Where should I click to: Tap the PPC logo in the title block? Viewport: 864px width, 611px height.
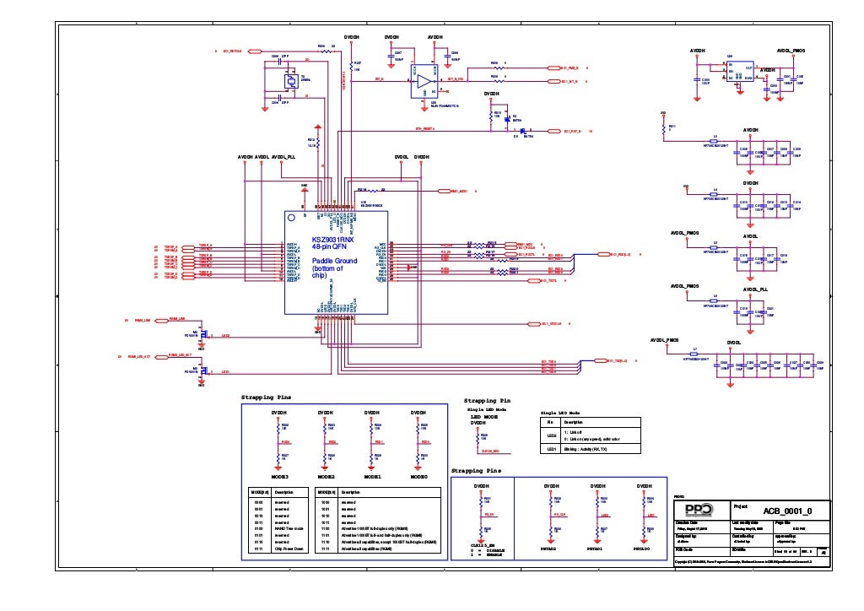(x=698, y=511)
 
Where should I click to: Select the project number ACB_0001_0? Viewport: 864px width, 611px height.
(x=787, y=511)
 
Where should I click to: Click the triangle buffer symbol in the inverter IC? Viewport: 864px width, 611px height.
(x=421, y=82)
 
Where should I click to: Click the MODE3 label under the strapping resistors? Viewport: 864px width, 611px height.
(x=279, y=477)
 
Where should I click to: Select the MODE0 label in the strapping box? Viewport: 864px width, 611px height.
(x=418, y=477)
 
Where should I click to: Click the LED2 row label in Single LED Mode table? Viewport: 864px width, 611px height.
(x=551, y=435)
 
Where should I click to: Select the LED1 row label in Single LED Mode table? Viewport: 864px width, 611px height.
(x=551, y=450)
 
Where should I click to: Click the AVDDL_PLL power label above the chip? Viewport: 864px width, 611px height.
(x=283, y=157)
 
